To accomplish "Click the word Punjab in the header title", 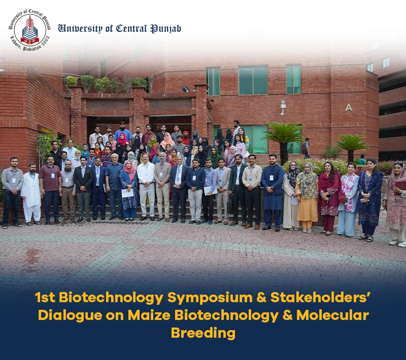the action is click(166, 29).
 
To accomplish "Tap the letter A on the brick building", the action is click(349, 107).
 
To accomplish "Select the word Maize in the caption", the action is click(149, 315).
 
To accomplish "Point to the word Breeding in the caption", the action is click(203, 333).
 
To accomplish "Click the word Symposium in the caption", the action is click(210, 298).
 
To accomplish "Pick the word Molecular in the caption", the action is click(332, 315).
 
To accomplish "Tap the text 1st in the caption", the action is click(45, 298).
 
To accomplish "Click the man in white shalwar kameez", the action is click(31, 193).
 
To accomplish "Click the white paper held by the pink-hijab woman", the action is click(127, 193).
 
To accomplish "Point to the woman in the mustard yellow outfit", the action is click(308, 197).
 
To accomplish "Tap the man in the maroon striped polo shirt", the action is click(50, 190).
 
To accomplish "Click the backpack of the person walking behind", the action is click(304, 149).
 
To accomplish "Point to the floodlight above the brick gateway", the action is click(186, 89).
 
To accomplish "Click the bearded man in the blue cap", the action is click(123, 131).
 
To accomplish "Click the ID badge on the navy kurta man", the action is click(272, 177).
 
